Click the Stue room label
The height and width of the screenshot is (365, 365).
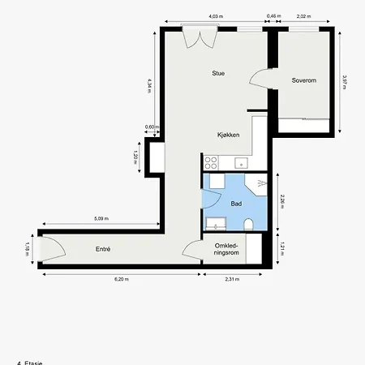[217, 73]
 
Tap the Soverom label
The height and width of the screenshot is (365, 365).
[303, 80]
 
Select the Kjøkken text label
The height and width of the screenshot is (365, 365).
[228, 135]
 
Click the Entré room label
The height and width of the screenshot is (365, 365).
[103, 249]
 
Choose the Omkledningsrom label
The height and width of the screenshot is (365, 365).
[225, 249]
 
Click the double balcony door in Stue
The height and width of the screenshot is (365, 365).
[198, 38]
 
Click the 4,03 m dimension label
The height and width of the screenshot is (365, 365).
[215, 16]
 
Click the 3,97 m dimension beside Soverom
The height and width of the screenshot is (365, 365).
[344, 83]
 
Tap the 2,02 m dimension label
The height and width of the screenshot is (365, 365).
[302, 16]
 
